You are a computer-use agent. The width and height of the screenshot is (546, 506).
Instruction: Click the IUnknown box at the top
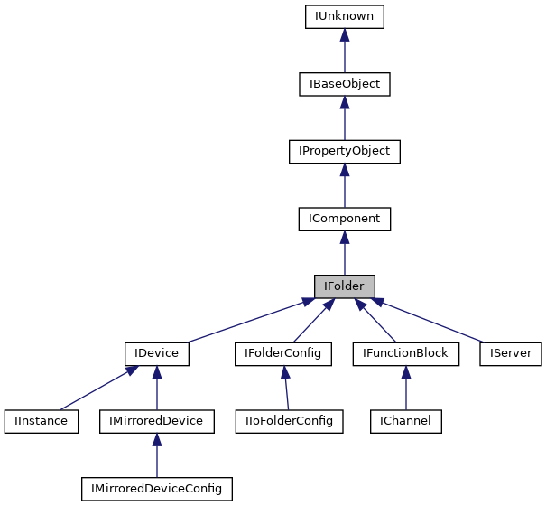point(344,16)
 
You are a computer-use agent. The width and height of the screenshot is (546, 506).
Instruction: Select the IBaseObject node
point(344,84)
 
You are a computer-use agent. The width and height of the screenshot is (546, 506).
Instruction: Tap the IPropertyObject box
point(344,151)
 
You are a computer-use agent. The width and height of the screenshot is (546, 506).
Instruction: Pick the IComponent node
point(344,219)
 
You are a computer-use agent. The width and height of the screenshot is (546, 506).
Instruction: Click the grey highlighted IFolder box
point(344,286)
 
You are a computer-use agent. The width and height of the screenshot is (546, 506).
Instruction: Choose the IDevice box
point(157,353)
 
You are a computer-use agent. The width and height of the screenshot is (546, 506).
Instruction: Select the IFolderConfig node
point(283,353)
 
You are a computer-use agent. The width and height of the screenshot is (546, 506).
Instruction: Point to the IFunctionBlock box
point(405,353)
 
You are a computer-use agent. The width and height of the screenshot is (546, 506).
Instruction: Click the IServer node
point(511,353)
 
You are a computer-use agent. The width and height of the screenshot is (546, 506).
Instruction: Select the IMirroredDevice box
point(157,421)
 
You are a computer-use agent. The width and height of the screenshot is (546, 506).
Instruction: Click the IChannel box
point(405,421)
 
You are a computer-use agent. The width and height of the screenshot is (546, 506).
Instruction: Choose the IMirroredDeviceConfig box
point(157,489)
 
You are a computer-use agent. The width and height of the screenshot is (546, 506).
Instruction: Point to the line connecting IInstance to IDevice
point(95,388)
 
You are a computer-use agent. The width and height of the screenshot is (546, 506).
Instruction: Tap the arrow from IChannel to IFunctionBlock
point(405,388)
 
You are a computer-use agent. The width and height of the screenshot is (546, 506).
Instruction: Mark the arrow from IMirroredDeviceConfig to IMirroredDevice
point(157,455)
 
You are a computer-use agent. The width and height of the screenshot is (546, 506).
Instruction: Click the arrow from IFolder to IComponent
point(344,252)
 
